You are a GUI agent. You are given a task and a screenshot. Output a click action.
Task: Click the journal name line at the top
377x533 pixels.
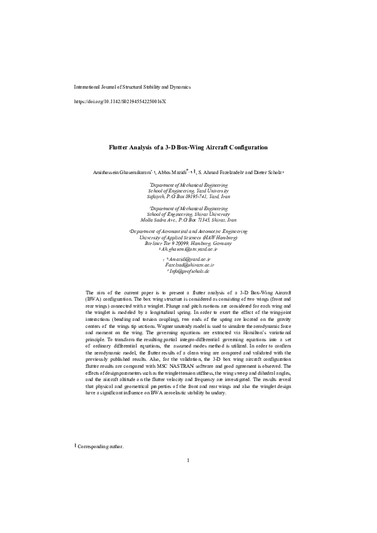(x=132, y=87)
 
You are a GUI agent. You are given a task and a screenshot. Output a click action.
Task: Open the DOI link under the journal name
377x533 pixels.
(x=120, y=101)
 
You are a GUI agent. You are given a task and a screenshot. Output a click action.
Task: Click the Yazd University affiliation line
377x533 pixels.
(x=188, y=190)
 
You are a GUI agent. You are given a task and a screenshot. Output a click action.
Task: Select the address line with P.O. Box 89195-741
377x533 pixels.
(x=188, y=196)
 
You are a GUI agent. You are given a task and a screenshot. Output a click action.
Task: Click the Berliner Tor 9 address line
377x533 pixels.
(x=188, y=244)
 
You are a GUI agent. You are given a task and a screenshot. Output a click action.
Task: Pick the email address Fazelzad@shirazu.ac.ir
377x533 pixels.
(x=189, y=265)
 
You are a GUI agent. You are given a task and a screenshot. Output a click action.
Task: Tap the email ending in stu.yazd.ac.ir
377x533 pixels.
(x=189, y=250)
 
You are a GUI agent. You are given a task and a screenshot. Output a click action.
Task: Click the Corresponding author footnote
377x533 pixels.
(x=101, y=447)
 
